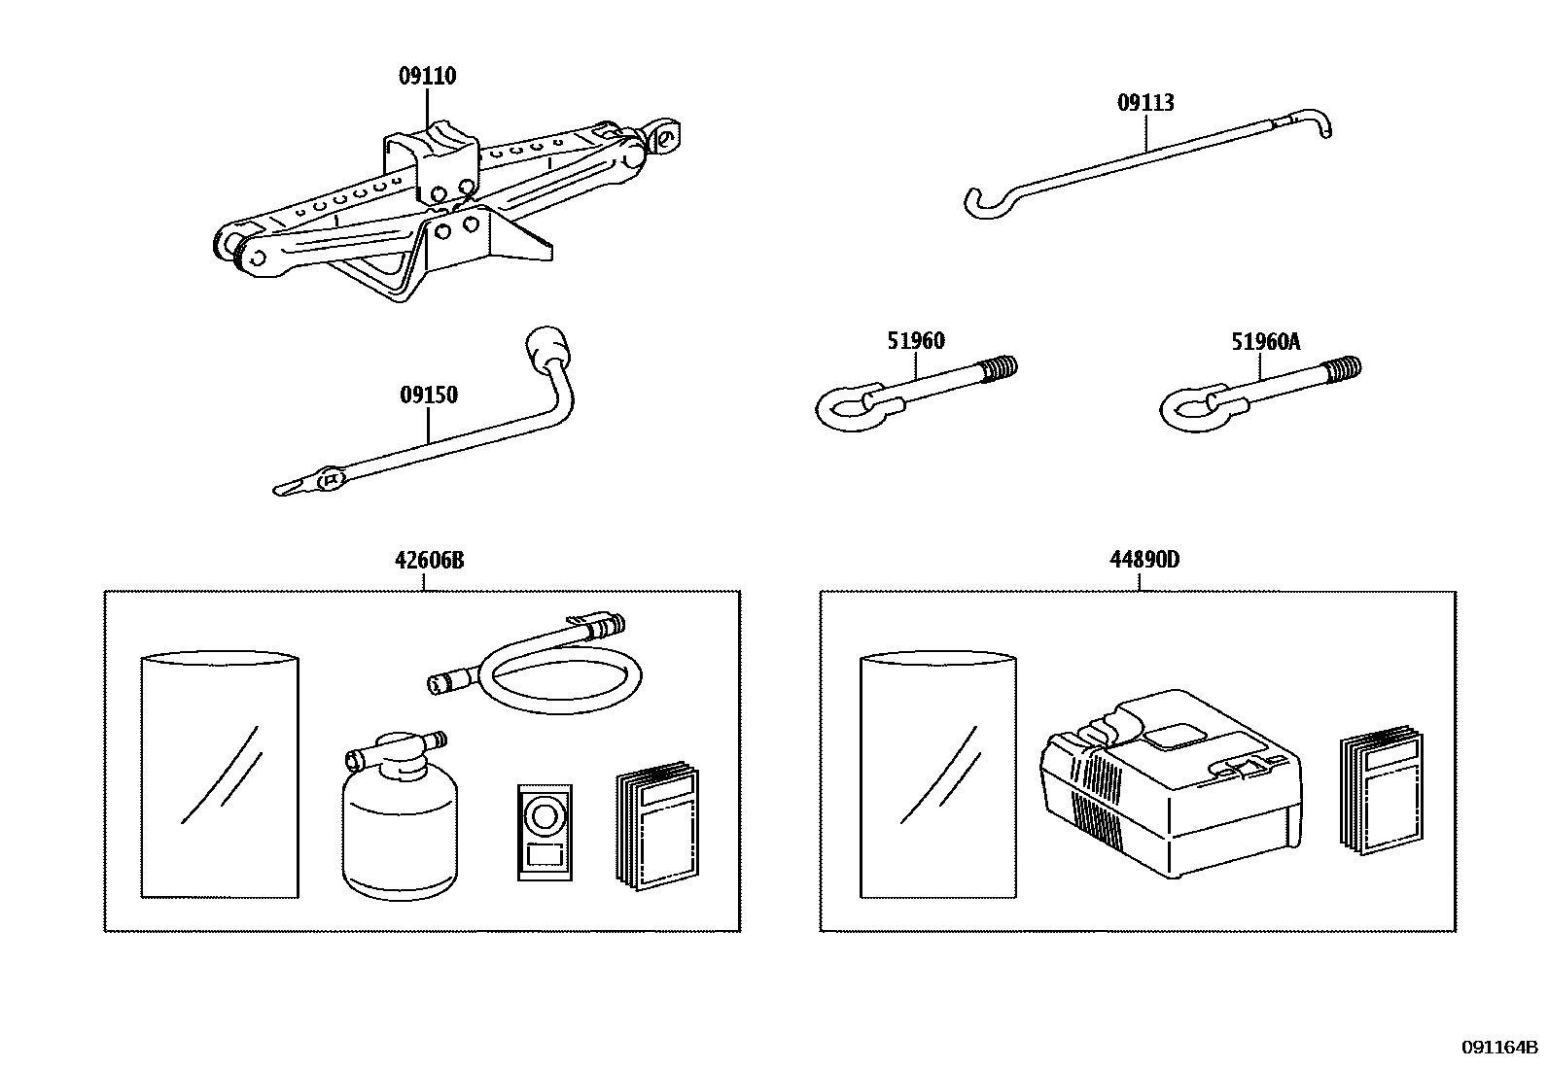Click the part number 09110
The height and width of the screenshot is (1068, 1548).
click(x=427, y=77)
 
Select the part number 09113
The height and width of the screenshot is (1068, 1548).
click(x=1145, y=103)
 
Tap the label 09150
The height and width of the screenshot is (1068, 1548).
click(x=428, y=396)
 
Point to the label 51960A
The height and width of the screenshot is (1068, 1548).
click(x=1265, y=342)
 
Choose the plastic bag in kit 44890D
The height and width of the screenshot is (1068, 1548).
click(x=939, y=777)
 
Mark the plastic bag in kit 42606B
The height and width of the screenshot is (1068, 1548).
click(x=220, y=777)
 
